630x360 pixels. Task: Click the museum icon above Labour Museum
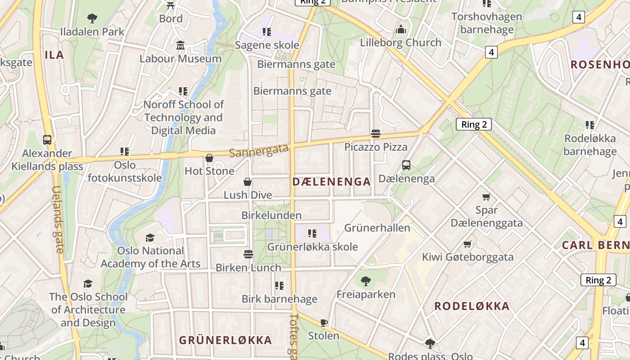[x=180, y=45]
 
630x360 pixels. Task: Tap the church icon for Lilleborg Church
[x=400, y=30]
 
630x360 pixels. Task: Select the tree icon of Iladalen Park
[x=92, y=18]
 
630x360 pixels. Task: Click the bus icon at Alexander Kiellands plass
[x=47, y=139]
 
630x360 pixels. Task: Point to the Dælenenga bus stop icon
[x=406, y=165]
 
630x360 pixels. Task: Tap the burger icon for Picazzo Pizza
[x=376, y=134]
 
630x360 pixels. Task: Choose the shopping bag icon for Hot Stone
[x=209, y=158]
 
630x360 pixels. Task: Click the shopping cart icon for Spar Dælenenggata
[x=486, y=197]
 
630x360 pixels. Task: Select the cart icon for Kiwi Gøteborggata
[x=468, y=244]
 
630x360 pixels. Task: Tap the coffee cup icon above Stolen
[x=324, y=323]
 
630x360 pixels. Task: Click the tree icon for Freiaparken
[x=366, y=281]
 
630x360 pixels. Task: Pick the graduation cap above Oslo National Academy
[x=150, y=238]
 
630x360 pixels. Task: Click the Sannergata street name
[x=258, y=150]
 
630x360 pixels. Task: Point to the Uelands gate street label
[x=58, y=220]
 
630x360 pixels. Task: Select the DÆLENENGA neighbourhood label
[x=332, y=182]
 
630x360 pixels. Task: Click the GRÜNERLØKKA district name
[x=225, y=340]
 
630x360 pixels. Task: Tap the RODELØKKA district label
[x=472, y=306]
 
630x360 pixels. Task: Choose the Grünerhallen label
[x=377, y=228]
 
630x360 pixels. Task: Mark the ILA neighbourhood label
[x=54, y=55]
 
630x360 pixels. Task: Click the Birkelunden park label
[x=271, y=215]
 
